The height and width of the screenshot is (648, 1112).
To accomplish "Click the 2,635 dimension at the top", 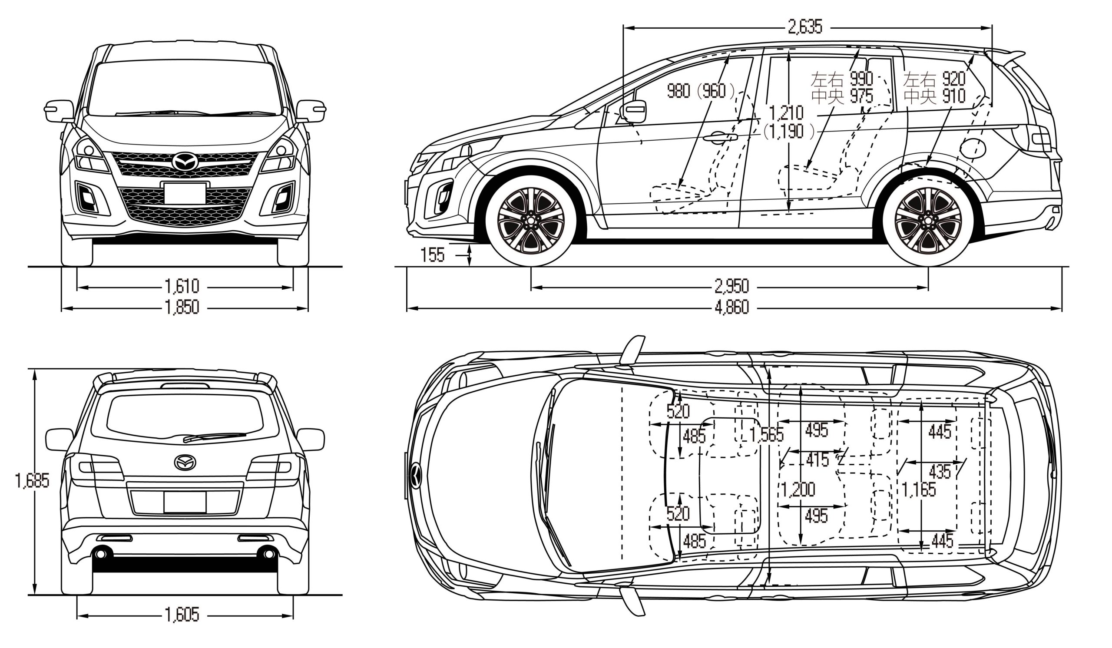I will click(x=805, y=27).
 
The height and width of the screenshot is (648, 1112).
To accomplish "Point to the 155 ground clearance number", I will click(x=433, y=255).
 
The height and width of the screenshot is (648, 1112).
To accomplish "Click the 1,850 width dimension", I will click(x=182, y=307).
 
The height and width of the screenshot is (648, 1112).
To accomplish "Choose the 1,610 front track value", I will click(x=182, y=287).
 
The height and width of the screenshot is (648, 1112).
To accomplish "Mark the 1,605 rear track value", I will click(x=182, y=615).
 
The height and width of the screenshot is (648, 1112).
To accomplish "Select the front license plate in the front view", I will click(x=185, y=193).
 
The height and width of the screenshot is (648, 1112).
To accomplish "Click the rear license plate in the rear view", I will click(x=185, y=502).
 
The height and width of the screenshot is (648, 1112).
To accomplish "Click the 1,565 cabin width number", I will click(x=767, y=435).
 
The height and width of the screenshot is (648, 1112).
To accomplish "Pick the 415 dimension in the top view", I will click(x=817, y=460).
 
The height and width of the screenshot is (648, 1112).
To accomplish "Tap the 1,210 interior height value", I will click(x=786, y=112).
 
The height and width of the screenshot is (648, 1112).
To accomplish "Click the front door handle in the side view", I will click(x=719, y=138).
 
